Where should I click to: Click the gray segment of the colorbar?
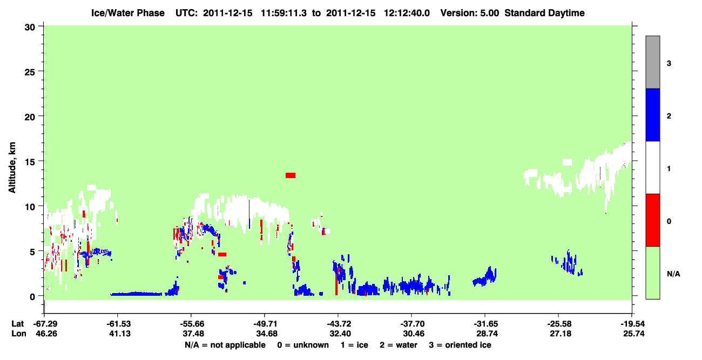click(652, 62)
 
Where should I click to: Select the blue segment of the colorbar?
click(652, 114)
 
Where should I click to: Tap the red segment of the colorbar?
click(652, 220)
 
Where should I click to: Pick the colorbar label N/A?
click(673, 274)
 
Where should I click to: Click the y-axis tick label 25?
click(30, 72)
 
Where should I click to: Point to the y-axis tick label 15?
click(30, 162)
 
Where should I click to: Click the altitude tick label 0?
click(32, 296)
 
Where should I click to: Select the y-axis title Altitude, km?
click(12, 167)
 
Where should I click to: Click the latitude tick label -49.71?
click(265, 324)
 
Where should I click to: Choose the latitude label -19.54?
click(632, 324)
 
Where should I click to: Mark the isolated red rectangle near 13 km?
click(291, 175)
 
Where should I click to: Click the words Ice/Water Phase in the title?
click(128, 13)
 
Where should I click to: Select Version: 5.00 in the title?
click(470, 13)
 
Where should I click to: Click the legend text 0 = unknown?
click(303, 345)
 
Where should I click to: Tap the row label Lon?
click(19, 334)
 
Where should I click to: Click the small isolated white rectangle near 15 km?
click(567, 162)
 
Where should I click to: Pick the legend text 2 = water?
click(399, 345)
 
